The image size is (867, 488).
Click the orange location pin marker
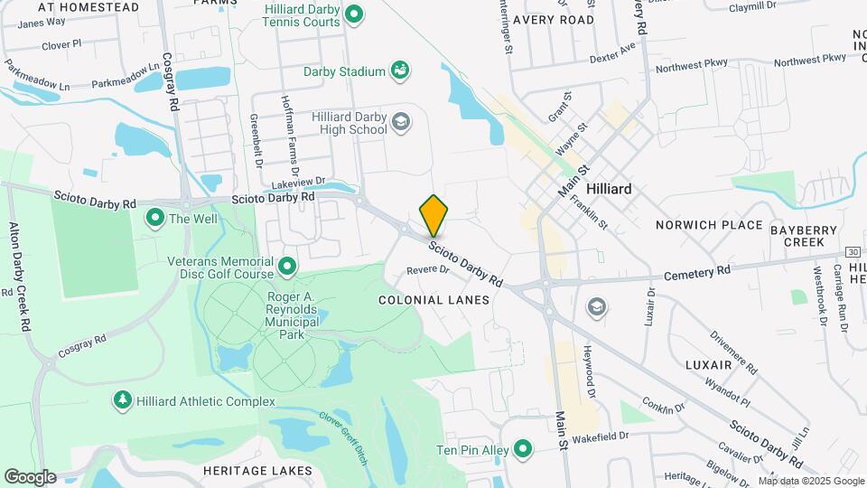pos(434,215)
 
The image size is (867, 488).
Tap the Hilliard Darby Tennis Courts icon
pos(355,14)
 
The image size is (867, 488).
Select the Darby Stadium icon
pos(399,70)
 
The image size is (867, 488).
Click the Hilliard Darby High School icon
pos(400,121)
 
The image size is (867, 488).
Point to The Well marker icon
pos(154,217)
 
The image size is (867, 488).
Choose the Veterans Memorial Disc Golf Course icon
pos(288,266)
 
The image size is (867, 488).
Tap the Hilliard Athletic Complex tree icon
pos(122,399)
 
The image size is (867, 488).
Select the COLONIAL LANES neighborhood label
pos(433,299)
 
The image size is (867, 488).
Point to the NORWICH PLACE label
pos(710,225)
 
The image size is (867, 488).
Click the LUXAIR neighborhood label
pos(708,364)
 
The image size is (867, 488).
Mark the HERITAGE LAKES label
pos(257,471)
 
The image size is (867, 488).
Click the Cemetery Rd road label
pos(696,271)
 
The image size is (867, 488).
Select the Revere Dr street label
pos(428,269)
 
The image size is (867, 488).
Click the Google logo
pos(29,477)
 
